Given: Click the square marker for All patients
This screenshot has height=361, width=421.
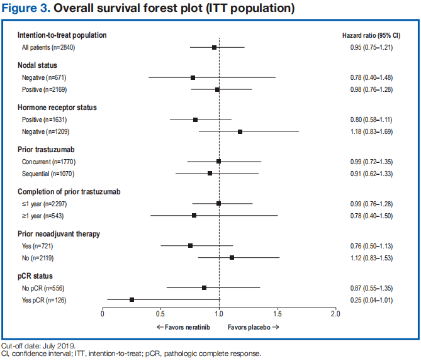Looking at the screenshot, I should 214,47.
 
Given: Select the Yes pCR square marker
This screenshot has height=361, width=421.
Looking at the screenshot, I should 132,299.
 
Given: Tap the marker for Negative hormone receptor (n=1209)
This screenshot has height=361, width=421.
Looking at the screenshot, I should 240,131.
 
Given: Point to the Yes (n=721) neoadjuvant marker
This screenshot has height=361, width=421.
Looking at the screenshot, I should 190,245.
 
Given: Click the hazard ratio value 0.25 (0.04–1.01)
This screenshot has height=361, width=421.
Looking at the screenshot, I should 371,299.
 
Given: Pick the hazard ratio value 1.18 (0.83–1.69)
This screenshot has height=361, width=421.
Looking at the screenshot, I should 371,131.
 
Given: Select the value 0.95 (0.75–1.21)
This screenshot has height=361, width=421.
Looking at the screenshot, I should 371,47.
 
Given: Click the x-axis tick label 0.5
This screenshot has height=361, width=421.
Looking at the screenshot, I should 160,313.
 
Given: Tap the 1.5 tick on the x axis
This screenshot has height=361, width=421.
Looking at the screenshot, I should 277,313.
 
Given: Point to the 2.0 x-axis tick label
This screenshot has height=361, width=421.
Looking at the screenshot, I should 335,313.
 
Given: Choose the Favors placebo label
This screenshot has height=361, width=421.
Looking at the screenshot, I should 253,328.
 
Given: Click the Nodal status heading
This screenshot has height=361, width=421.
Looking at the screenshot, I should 38,65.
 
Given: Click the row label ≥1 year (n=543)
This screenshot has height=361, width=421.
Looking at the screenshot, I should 43,215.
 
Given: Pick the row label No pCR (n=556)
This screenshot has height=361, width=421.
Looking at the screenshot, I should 45,287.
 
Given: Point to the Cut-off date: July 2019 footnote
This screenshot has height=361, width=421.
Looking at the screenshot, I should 38,347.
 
